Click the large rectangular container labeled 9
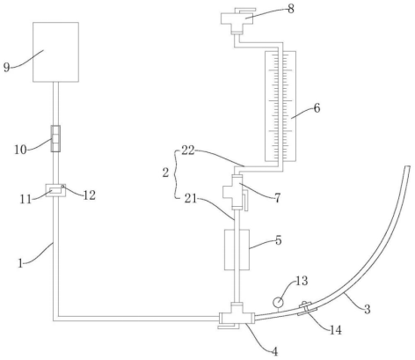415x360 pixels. coord(55,52)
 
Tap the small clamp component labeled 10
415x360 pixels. coord(55,138)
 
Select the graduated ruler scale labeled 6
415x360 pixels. coord(280,107)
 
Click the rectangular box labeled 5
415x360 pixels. coord(237,249)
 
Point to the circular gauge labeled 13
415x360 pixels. coord(278,302)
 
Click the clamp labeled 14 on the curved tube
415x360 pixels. coord(307,309)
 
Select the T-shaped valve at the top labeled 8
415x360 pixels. coord(237,20)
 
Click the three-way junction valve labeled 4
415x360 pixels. coord(237,316)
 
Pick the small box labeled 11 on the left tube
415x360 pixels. coord(55,190)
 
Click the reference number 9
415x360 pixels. coord(6,67)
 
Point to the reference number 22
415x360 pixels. coord(188,151)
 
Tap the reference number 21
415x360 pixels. coord(191,199)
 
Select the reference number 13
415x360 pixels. coord(302,281)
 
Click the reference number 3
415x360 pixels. coord(368,309)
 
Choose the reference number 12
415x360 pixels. coord(90,195)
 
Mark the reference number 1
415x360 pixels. coord(20,263)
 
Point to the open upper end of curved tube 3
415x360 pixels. coord(407,166)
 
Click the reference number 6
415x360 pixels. coord(317,108)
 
